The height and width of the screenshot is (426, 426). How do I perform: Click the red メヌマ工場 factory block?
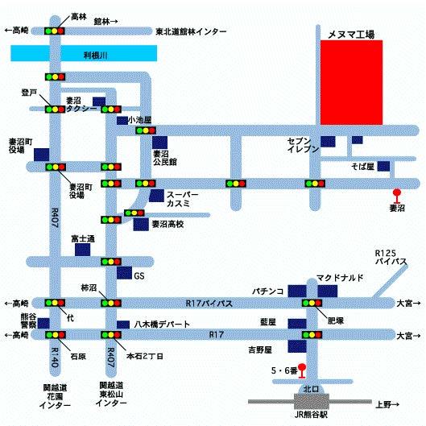click(x=352, y=83)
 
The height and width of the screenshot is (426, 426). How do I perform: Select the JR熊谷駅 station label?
click(x=311, y=415)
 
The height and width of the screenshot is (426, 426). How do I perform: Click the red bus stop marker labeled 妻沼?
click(x=397, y=196)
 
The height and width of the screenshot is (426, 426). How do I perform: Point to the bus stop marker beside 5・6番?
click(x=302, y=371)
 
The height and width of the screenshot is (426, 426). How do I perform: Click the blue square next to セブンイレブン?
click(x=328, y=142)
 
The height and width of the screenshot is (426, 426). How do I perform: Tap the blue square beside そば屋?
click(x=383, y=166)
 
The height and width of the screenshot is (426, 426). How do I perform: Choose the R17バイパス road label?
click(x=209, y=304)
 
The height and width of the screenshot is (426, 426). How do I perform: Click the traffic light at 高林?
click(x=55, y=31)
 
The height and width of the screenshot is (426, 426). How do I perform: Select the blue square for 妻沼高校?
click(x=141, y=225)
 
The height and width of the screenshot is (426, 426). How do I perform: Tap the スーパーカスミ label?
click(x=182, y=199)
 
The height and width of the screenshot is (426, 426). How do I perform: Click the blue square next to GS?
click(x=125, y=273)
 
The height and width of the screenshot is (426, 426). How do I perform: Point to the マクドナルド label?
click(x=340, y=278)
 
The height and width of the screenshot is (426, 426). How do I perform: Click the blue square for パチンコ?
click(x=297, y=291)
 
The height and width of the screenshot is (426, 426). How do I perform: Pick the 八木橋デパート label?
click(x=162, y=324)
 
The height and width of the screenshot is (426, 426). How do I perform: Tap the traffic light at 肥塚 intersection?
click(x=312, y=303)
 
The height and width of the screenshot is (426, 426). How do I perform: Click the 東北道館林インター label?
click(x=191, y=31)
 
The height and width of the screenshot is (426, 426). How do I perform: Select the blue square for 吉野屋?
click(x=297, y=347)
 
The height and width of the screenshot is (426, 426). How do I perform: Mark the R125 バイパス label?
click(x=391, y=257)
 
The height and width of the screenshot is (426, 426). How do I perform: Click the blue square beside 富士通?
click(x=83, y=250)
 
